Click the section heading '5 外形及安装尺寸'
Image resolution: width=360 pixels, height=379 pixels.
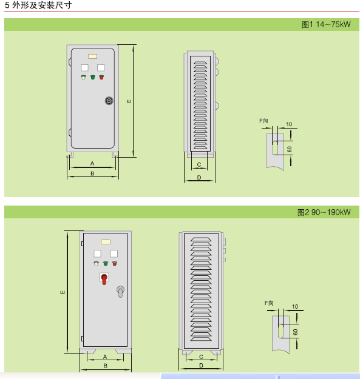[x=38, y=5]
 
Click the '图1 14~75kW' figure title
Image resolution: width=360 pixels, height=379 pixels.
[x=326, y=24]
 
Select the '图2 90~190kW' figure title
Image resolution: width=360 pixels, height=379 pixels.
[x=324, y=212]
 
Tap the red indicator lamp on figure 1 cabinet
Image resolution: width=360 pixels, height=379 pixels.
[x=101, y=78]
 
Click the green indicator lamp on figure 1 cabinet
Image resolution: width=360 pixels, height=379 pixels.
[x=93, y=78]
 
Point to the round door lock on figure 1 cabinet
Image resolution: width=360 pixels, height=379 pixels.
[x=109, y=101]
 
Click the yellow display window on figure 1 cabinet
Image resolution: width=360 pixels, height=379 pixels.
[x=93, y=56]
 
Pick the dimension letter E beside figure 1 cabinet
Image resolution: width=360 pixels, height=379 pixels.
[x=129, y=101]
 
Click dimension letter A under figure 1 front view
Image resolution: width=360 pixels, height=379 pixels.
[x=92, y=164]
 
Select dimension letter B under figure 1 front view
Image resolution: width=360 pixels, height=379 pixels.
[x=92, y=173]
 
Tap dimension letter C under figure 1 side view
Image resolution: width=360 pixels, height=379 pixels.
[x=199, y=164]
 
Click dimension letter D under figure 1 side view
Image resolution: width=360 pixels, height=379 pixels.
[x=199, y=178]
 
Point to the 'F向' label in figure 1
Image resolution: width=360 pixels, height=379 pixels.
[x=263, y=121]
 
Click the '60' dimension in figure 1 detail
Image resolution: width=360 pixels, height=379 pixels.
[x=290, y=149]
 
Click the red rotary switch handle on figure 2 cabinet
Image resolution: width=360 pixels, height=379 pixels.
[x=104, y=279]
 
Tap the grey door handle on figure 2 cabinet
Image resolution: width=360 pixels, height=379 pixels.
[x=120, y=291]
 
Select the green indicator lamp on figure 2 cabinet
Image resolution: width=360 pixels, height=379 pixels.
[x=106, y=263]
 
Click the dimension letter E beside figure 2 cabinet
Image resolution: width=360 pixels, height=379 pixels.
[x=63, y=293]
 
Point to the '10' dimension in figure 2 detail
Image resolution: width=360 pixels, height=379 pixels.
[x=295, y=306]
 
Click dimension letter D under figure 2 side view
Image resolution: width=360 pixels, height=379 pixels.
[x=202, y=366]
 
